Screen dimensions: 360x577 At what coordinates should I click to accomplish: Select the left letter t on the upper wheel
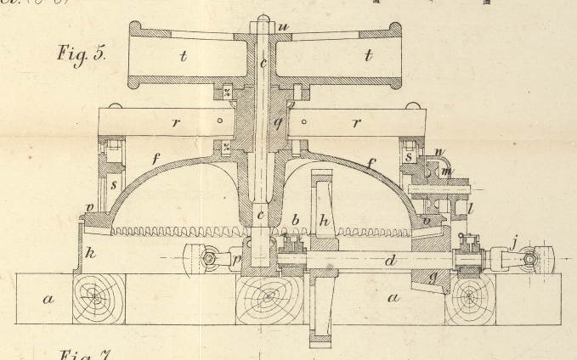[182, 57]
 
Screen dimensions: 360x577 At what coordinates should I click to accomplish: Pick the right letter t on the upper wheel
[368, 57]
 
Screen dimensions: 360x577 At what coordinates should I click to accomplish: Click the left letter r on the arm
[176, 122]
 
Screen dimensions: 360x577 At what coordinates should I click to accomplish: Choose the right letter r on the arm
[357, 123]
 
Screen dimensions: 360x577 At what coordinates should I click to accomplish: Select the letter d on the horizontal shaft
[390, 261]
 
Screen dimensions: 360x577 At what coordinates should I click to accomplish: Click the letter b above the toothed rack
[295, 221]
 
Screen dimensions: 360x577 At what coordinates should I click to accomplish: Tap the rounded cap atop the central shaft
[266, 18]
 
